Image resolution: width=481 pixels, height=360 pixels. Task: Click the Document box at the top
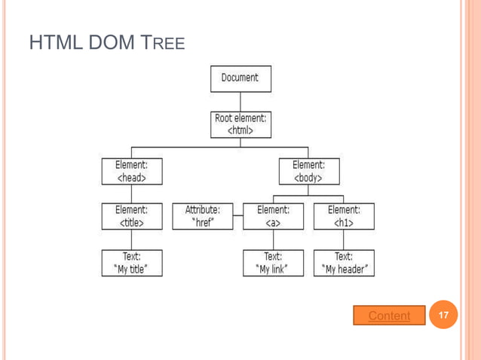pyautogui.click(x=240, y=78)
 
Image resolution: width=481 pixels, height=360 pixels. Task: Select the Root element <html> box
pyautogui.click(x=240, y=124)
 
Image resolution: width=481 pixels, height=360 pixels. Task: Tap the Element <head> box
pyautogui.click(x=131, y=171)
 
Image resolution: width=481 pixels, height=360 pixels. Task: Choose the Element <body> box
pyautogui.click(x=308, y=171)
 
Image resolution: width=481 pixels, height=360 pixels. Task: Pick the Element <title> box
pyautogui.click(x=131, y=216)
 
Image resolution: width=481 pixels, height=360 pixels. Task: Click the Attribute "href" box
pyautogui.click(x=203, y=216)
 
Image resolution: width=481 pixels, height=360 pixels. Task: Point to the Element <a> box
pyautogui.click(x=273, y=216)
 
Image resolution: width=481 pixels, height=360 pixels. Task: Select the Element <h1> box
pyautogui.click(x=344, y=216)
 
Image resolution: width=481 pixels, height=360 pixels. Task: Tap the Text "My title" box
pyautogui.click(x=131, y=263)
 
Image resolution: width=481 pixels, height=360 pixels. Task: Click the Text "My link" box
pyautogui.click(x=273, y=263)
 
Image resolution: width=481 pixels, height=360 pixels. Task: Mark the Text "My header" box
pyautogui.click(x=344, y=263)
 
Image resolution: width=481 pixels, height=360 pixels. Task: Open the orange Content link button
pyautogui.click(x=389, y=316)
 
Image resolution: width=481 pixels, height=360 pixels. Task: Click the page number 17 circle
pyautogui.click(x=444, y=314)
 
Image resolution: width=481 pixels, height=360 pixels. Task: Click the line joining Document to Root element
pyautogui.click(x=240, y=102)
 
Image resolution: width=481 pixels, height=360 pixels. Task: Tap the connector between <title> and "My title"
pyautogui.click(x=131, y=239)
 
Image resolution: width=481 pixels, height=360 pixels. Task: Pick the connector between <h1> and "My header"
pyautogui.click(x=344, y=239)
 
